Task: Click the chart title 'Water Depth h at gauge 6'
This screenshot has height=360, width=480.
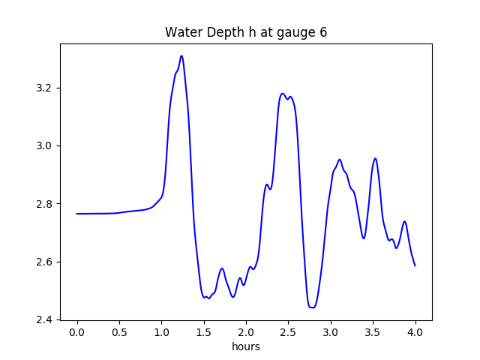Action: tap(246, 32)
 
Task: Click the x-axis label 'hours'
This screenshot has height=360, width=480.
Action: tap(246, 346)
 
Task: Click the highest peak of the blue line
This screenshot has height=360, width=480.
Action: tap(181, 55)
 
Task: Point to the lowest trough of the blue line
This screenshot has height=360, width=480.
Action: tap(312, 307)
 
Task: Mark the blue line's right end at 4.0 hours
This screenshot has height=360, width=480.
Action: tap(415, 265)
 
